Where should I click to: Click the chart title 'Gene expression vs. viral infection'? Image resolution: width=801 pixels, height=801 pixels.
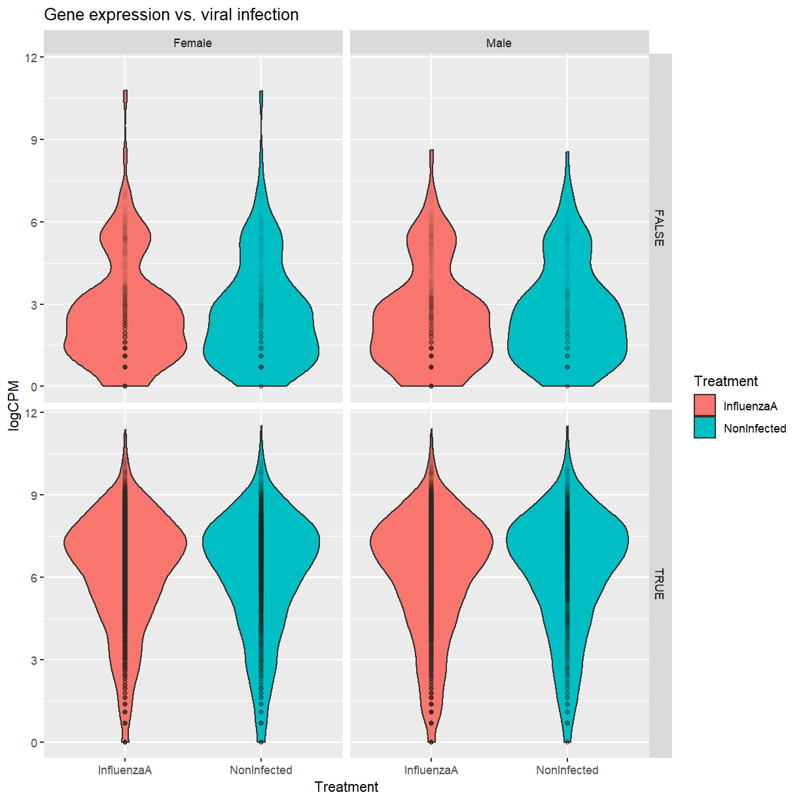click(x=171, y=15)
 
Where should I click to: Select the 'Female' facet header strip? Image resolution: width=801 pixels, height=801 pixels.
click(x=192, y=43)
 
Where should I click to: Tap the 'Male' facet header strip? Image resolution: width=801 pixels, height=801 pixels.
click(x=499, y=43)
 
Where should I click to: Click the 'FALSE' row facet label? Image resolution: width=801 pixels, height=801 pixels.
click(x=659, y=228)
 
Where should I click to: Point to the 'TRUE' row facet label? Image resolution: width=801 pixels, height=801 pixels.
click(x=659, y=584)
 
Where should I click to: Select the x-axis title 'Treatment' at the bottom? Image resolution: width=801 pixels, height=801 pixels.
click(x=346, y=787)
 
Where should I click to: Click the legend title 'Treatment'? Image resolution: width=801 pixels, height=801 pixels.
click(x=726, y=382)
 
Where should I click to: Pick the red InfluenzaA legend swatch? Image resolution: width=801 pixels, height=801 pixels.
click(x=705, y=406)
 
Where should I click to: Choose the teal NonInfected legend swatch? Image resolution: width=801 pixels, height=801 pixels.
click(x=705, y=428)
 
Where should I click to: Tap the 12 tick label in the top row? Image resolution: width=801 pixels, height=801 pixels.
click(x=31, y=58)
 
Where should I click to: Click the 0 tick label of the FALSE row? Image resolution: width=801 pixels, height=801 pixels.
click(x=34, y=387)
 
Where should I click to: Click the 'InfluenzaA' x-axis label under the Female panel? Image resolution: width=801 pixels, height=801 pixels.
click(x=125, y=770)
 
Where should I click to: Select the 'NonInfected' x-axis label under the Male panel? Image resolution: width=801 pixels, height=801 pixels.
click(x=567, y=770)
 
